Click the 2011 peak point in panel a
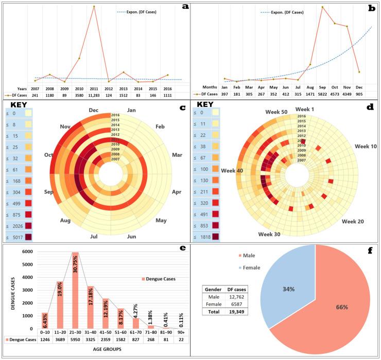(94, 6)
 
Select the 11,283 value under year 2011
(94, 95)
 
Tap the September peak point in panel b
(322, 7)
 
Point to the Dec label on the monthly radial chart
(94, 110)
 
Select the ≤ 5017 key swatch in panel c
(25, 237)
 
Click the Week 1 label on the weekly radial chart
(307, 109)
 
